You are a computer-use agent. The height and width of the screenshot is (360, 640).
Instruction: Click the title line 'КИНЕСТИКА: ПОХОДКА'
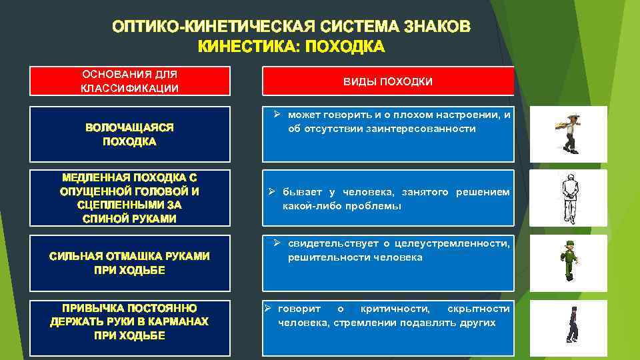point(291,47)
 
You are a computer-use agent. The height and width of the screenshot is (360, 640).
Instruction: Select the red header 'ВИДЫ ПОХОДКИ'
point(388,81)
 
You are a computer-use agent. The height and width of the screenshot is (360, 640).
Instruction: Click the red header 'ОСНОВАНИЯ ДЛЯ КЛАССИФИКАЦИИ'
point(130,81)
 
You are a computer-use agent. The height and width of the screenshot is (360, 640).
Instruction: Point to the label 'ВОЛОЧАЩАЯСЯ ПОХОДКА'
point(130,134)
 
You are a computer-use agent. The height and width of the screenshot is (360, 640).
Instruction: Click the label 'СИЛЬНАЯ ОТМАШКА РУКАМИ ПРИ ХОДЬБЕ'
point(130,263)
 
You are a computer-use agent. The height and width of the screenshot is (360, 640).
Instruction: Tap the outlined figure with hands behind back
point(568,198)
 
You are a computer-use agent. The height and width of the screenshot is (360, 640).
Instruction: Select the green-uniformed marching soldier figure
point(569,262)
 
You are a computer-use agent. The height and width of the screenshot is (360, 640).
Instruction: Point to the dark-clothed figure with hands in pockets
point(571,325)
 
